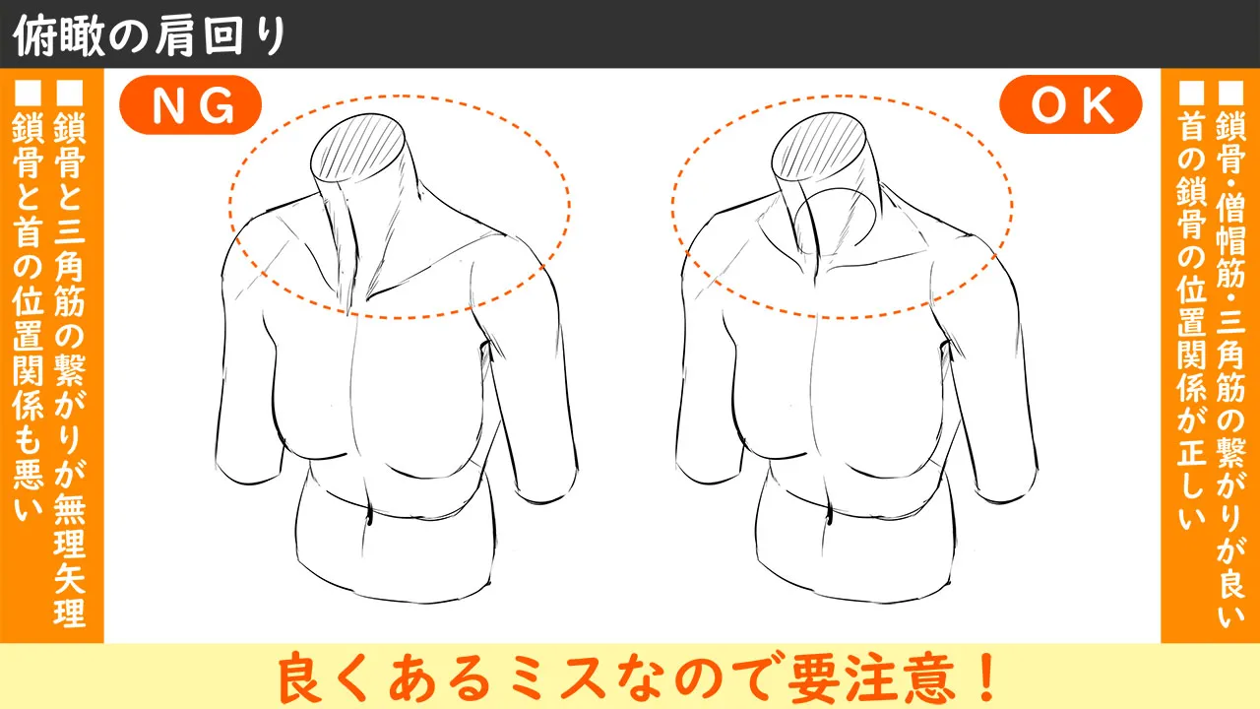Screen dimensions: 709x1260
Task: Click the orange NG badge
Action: pos(189,105)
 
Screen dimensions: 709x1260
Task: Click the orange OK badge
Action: pos(1070,105)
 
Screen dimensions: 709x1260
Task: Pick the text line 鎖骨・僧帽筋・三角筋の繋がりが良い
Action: pos(1232,364)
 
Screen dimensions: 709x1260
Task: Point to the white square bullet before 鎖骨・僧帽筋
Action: pos(1232,95)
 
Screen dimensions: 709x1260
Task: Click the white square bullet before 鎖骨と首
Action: pos(27,95)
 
